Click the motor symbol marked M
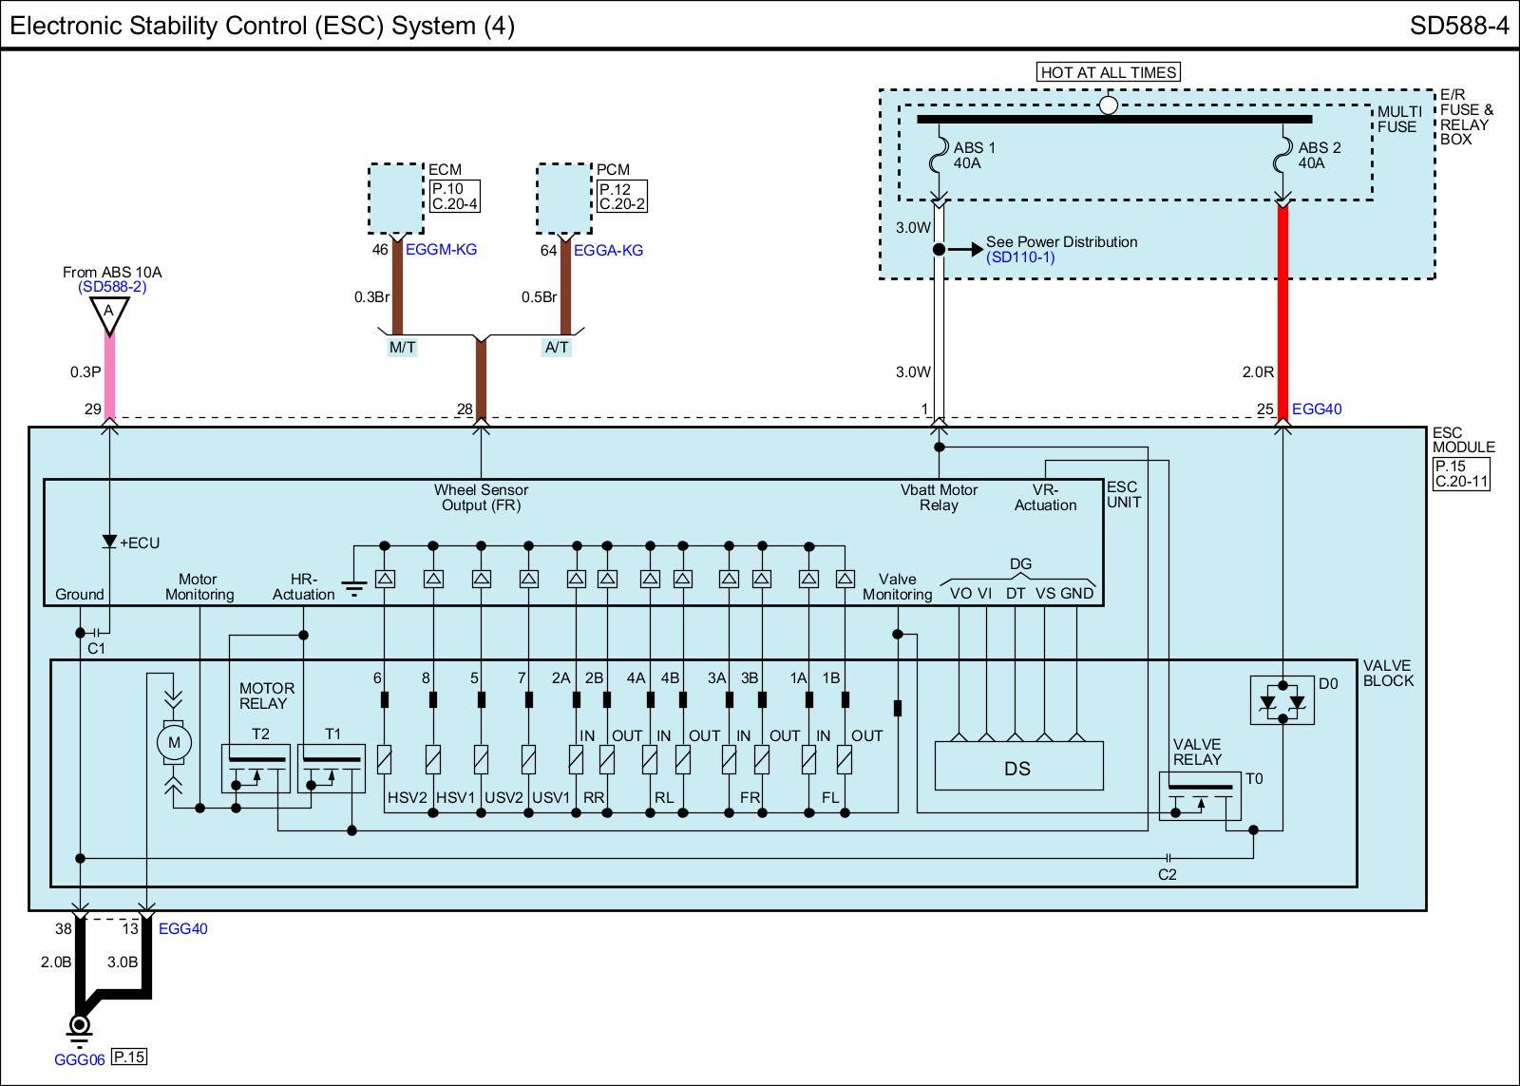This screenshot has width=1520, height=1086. [174, 743]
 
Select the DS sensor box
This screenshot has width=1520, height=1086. [1018, 767]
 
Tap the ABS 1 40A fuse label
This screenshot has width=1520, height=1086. [975, 155]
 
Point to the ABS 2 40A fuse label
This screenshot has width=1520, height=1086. [1320, 155]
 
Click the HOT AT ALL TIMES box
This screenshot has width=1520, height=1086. [1109, 72]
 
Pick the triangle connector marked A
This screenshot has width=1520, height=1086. [109, 314]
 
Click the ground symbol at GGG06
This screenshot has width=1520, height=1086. [79, 1025]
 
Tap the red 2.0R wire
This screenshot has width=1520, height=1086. [1282, 314]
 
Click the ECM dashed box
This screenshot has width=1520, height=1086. [396, 198]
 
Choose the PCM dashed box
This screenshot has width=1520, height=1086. [564, 198]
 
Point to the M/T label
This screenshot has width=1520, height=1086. [402, 348]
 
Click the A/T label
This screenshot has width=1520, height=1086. [557, 348]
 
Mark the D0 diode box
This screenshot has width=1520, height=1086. [1282, 701]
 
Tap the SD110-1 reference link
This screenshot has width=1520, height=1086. [1020, 257]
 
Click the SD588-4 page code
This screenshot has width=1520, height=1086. [1458, 26]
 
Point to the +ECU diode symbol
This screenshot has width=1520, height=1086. [109, 543]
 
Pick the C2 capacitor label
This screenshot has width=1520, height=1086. [1167, 874]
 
